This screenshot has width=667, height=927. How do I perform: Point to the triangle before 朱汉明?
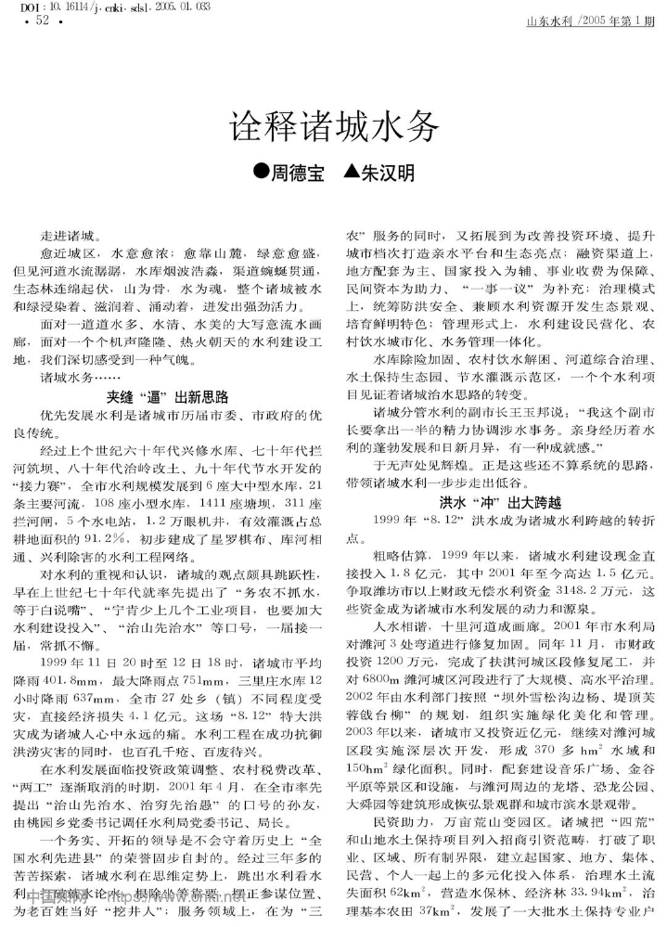[x=351, y=174]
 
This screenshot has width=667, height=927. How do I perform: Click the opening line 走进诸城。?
[x=74, y=237]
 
